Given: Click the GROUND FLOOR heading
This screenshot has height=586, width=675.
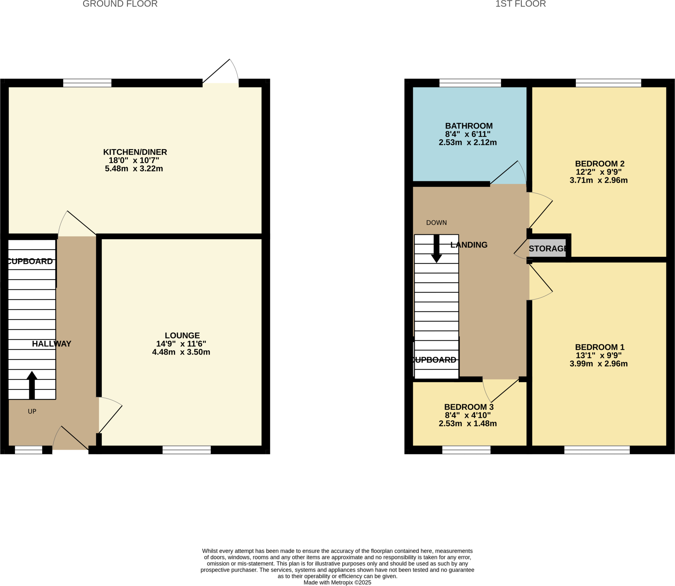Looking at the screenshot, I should pos(120,4).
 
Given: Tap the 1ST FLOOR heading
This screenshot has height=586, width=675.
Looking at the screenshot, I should pos(520,4).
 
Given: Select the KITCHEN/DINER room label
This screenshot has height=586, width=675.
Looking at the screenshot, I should pos(135,152).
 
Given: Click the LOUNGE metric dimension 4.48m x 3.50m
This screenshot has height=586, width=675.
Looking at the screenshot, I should pos(181,352).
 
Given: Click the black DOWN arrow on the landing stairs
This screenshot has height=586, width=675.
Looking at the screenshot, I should pos(436,249).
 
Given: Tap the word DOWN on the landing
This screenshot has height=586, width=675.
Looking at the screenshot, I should pos(436,223).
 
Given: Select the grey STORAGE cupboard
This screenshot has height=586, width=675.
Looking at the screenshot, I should pos(547,248).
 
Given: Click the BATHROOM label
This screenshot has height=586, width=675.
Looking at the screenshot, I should pos(469,126).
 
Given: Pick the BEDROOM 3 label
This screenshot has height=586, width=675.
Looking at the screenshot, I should pos(469,407).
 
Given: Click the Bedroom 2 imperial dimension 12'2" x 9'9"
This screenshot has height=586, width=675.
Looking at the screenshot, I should pos(599,172).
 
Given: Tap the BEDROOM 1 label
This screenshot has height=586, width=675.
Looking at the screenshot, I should pos(600,347).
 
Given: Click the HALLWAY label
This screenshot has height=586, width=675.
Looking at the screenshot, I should pos(51,344).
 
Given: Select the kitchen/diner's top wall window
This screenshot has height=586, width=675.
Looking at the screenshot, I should pos(87,83).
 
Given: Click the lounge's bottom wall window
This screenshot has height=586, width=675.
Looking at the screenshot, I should pos(187,450).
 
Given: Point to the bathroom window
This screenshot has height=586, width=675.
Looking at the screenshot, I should pos(470,83).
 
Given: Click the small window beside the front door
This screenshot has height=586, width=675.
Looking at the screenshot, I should pos(29,450).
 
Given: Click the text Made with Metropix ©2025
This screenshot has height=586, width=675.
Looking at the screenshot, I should pos(337,582).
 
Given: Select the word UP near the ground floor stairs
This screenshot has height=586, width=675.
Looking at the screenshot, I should pos(32,411).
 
